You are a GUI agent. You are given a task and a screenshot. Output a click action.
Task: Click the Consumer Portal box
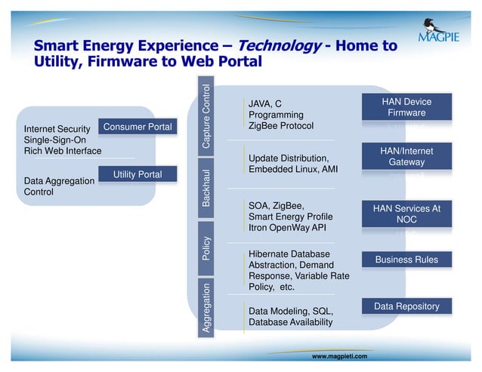point(137,127)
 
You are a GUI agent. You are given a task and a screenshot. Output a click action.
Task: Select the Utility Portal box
point(137,175)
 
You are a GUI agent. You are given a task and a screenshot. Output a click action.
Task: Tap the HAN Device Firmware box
point(406,107)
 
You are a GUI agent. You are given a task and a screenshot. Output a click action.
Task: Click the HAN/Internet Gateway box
point(406,157)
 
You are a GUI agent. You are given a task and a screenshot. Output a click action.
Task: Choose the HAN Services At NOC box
point(406,214)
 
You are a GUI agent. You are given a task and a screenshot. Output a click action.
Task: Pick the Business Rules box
point(406,260)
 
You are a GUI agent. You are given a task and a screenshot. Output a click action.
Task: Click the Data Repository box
point(406,306)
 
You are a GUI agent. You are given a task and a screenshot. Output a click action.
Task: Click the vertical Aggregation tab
point(206,308)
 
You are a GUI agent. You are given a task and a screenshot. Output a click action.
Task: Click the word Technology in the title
point(279,47)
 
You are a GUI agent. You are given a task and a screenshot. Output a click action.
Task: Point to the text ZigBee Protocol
point(280,126)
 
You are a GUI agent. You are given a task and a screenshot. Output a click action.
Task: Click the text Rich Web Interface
point(63,152)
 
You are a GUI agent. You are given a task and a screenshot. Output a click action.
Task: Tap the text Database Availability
point(290,323)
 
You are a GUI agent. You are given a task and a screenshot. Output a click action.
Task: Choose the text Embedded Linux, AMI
point(293,170)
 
